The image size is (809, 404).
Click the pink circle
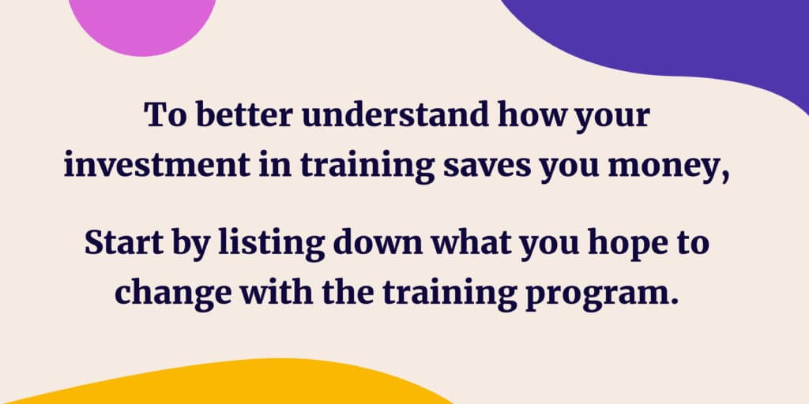coord(142,23)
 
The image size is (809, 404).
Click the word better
coord(244,115)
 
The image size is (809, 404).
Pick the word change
coord(172,294)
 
